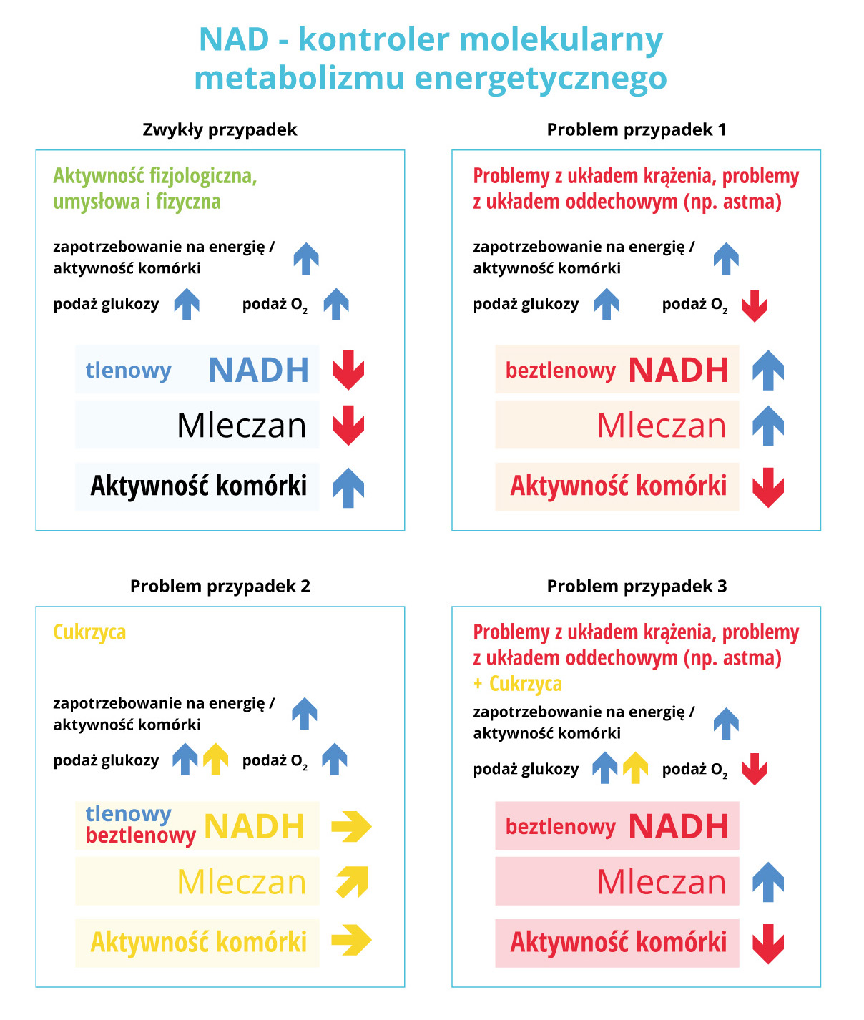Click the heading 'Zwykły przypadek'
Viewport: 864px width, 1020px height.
click(220, 130)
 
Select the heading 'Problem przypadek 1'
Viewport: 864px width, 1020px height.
click(636, 130)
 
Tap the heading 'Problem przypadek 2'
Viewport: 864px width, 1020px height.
click(220, 587)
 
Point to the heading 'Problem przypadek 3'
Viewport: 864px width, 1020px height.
click(637, 587)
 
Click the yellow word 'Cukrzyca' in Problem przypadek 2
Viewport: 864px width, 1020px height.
click(89, 632)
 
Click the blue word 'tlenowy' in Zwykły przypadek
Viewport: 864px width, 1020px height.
click(128, 370)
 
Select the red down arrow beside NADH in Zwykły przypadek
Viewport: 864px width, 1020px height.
click(348, 370)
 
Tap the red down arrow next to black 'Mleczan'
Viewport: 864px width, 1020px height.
click(348, 426)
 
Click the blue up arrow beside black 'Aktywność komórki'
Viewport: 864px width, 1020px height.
click(348, 488)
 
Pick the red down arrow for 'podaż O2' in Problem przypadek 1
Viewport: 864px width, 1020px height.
click(755, 306)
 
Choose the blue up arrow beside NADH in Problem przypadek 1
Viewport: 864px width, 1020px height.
click(768, 370)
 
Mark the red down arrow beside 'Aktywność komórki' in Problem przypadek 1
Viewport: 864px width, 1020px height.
click(768, 488)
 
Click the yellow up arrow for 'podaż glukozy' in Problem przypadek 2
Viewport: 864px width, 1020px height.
click(215, 759)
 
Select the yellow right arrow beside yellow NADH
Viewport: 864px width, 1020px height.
click(351, 826)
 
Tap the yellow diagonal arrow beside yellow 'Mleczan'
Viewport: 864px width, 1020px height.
click(353, 882)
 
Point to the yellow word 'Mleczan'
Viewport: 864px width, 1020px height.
click(241, 882)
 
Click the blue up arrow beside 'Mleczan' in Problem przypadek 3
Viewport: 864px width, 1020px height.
click(768, 882)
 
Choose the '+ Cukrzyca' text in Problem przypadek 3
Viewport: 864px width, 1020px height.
click(517, 684)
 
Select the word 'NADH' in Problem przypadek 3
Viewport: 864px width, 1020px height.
click(679, 827)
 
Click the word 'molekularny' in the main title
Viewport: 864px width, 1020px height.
click(561, 39)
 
